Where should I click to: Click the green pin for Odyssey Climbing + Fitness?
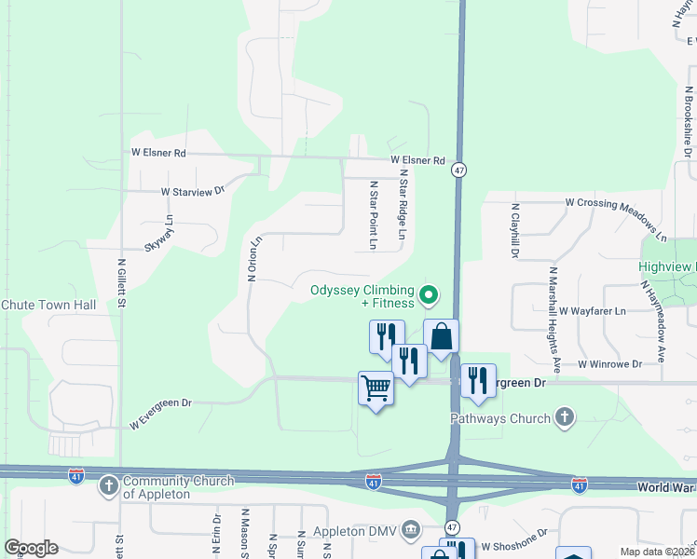(429, 295)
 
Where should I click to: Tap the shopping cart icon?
(376, 387)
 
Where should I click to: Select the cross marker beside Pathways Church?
(565, 418)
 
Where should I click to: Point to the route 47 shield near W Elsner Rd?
(458, 170)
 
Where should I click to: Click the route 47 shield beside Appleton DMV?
(452, 527)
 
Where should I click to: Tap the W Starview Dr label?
(193, 191)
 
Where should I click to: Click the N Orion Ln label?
(251, 258)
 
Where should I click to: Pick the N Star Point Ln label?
(372, 215)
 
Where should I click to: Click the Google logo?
(31, 548)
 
